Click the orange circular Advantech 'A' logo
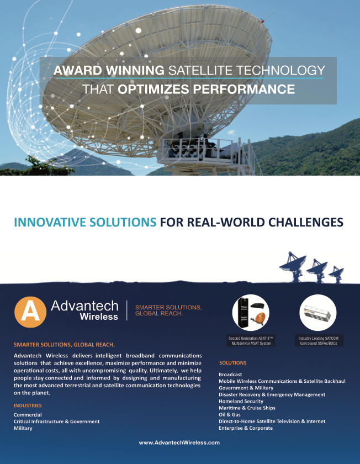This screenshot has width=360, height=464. pyautogui.click(x=30, y=312)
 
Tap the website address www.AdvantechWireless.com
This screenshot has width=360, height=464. pyautogui.click(x=179, y=442)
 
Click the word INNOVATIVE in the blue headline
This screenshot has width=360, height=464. pyautogui.click(x=51, y=222)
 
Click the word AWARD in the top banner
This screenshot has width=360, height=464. pyautogui.click(x=78, y=70)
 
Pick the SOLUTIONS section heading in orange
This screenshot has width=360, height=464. pyautogui.click(x=233, y=363)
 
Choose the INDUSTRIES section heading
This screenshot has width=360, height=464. pyautogui.click(x=28, y=405)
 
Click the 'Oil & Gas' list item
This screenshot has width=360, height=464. pyautogui.click(x=230, y=415)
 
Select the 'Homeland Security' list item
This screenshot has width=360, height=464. pyautogui.click(x=241, y=401)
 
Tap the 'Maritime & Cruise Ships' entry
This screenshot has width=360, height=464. pyautogui.click(x=247, y=408)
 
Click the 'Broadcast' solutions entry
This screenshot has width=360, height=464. pyautogui.click(x=230, y=375)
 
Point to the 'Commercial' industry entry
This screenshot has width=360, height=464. pyautogui.click(x=28, y=415)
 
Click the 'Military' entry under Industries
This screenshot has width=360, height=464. pyautogui.click(x=23, y=428)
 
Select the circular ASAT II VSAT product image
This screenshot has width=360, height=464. pyautogui.click(x=251, y=313)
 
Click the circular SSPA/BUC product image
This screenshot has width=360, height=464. pyautogui.click(x=318, y=313)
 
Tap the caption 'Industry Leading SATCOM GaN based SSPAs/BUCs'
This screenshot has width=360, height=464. pyautogui.click(x=319, y=341)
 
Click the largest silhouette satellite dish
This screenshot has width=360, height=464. pyautogui.click(x=293, y=266)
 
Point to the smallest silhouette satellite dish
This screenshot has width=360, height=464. pyautogui.click(x=336, y=275)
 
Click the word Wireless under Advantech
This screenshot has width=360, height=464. pyautogui.click(x=99, y=317)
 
